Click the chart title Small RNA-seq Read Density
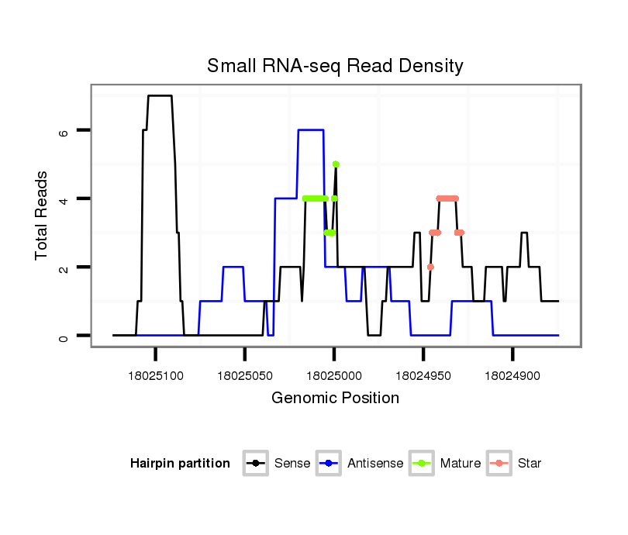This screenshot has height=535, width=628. coord(335,66)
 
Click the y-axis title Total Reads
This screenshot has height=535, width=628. coord(42,216)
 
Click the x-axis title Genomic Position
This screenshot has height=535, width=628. coord(335,399)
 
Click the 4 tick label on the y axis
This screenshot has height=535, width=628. coord(64,198)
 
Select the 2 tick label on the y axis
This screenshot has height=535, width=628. coord(64,267)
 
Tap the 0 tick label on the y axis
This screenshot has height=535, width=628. coord(64,336)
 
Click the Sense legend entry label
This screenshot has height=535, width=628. coord(292,464)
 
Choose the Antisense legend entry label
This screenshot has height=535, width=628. coord(375,464)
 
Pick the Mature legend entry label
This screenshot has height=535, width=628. coord(461,464)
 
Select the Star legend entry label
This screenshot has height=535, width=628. coord(529,464)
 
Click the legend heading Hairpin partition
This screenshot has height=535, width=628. coord(180,464)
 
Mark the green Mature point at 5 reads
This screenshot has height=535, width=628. coord(336,164)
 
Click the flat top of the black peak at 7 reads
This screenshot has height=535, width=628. coord(160,96)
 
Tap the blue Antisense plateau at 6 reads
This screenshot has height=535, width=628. coord(310,130)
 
